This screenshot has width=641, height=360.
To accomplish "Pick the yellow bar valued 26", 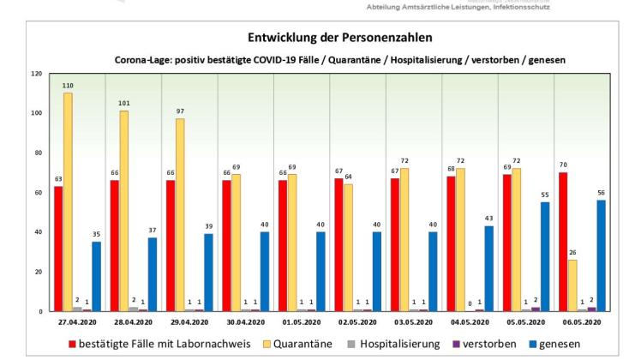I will coord(572,285).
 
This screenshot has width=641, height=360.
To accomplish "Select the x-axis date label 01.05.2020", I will coord(301,322).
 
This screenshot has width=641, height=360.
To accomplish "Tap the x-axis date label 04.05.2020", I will coord(470,322).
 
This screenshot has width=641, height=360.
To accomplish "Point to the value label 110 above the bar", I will coord(68,87).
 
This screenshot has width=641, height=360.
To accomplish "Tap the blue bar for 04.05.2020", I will coord(489,268).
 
